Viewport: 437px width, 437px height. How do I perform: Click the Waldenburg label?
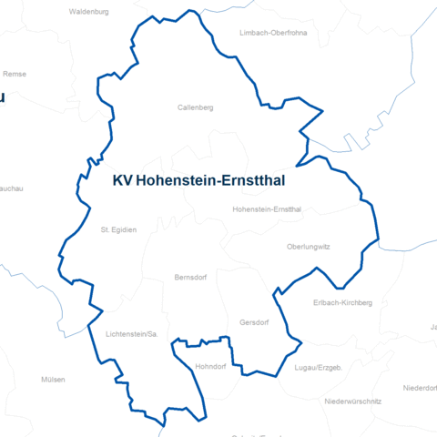[88, 13]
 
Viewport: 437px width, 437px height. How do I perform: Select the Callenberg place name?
[195, 107]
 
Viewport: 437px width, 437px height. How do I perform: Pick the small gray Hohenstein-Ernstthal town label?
[267, 209]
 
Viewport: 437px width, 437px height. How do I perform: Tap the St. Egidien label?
[118, 229]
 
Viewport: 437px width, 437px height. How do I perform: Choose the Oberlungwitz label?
[308, 246]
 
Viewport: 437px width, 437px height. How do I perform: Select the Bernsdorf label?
[192, 276]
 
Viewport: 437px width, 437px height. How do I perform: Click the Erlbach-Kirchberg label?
[342, 302]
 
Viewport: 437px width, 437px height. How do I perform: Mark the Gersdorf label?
[254, 322]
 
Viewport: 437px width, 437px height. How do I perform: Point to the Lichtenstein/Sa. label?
[132, 334]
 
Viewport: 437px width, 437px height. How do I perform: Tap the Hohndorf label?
[211, 366]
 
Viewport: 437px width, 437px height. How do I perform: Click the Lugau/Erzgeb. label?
[318, 367]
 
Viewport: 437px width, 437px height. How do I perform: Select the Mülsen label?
[54, 379]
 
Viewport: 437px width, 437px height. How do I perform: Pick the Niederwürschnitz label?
[352, 401]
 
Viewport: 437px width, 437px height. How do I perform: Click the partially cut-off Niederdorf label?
[420, 387]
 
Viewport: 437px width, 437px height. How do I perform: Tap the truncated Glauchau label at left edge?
[11, 187]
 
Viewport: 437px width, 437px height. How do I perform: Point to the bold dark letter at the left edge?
[3, 97]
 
